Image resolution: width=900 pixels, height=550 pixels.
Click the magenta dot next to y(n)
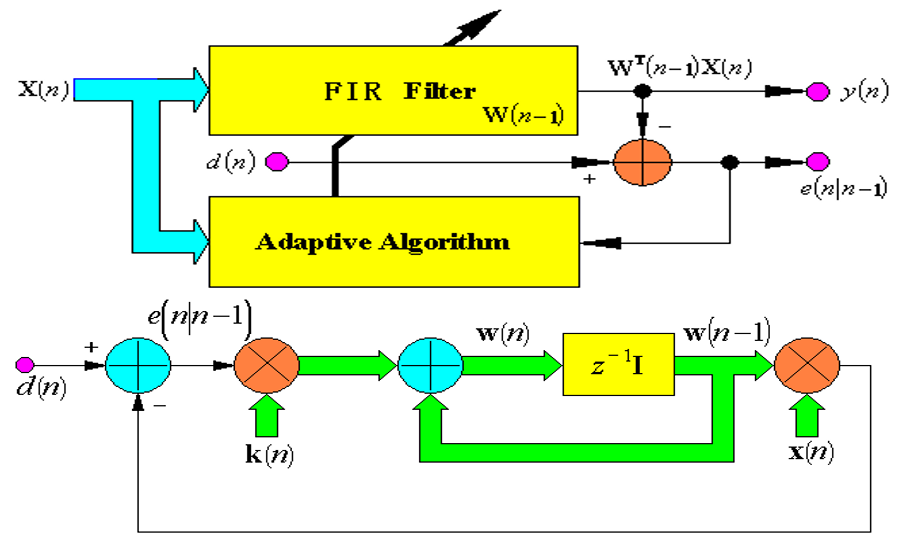[x=818, y=91]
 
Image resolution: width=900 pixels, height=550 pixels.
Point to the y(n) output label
[x=863, y=92]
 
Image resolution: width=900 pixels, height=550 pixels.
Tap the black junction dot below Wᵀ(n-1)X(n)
[x=644, y=91]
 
